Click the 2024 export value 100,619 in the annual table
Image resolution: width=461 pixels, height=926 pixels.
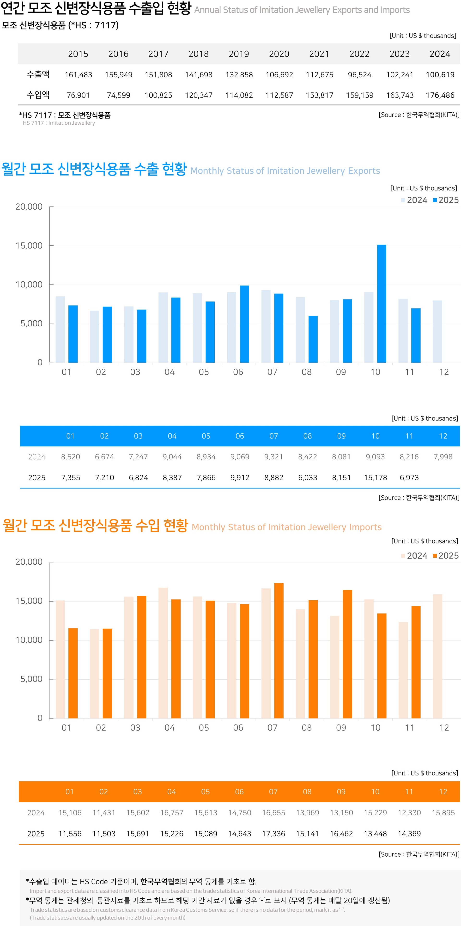pyautogui.click(x=440, y=75)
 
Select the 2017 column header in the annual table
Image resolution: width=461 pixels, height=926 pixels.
pyautogui.click(x=158, y=54)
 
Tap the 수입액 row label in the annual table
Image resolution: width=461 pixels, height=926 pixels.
pyautogui.click(x=38, y=95)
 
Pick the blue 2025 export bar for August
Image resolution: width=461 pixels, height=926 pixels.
pyautogui.click(x=313, y=339)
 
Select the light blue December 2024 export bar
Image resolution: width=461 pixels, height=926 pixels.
pyautogui.click(x=437, y=331)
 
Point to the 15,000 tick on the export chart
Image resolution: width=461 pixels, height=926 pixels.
pyautogui.click(x=29, y=245)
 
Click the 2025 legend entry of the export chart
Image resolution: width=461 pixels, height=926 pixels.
pyautogui.click(x=446, y=200)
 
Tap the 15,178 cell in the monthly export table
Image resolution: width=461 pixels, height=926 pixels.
pyautogui.click(x=375, y=477)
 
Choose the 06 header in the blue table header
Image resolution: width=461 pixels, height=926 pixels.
pyautogui.click(x=240, y=436)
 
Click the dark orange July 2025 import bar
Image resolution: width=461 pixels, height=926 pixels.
pyautogui.click(x=279, y=651)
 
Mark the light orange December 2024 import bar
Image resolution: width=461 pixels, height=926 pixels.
pyautogui.click(x=437, y=656)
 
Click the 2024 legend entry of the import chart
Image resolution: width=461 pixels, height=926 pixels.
pyautogui.click(x=414, y=556)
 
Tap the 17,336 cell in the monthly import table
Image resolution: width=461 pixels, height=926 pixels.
pyautogui.click(x=273, y=834)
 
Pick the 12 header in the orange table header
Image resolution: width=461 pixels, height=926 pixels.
pyautogui.click(x=443, y=792)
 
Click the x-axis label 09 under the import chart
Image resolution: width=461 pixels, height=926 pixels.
pyautogui.click(x=341, y=728)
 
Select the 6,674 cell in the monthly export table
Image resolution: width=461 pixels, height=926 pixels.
pyautogui.click(x=104, y=457)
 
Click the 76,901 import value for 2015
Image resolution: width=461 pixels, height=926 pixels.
pyautogui.click(x=78, y=95)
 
